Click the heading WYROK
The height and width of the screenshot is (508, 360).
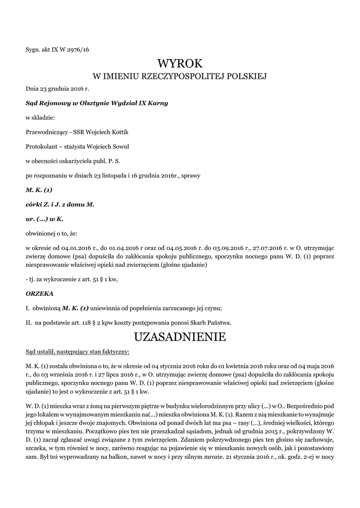pyautogui.click(x=180, y=63)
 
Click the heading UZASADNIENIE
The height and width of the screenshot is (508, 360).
pyautogui.click(x=180, y=337)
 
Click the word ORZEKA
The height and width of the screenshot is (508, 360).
pyautogui.click(x=39, y=294)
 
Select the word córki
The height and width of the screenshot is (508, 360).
pyautogui.click(x=35, y=204)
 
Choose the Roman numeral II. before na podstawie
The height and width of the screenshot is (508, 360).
pyautogui.click(x=29, y=322)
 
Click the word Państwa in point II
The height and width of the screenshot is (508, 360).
pyautogui.click(x=219, y=322)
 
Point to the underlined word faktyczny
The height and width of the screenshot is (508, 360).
pyautogui.click(x=113, y=352)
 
